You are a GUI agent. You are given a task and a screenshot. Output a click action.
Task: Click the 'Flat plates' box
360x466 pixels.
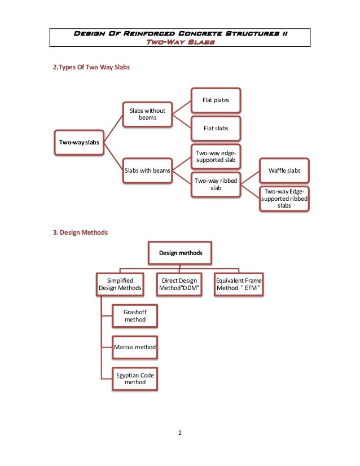(x=216, y=100)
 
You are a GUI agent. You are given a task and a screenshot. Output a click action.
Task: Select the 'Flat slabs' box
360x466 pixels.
(x=216, y=129)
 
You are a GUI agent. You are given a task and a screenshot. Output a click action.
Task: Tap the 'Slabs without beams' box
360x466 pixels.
(x=147, y=115)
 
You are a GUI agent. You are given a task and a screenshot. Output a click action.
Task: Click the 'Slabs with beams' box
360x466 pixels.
(x=147, y=170)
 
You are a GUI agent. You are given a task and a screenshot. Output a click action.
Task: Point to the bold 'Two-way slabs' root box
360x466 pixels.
(x=79, y=142)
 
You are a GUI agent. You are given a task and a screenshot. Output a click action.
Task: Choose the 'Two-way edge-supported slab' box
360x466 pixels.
(x=216, y=157)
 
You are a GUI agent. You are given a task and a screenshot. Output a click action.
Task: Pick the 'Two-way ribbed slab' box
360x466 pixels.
(x=216, y=184)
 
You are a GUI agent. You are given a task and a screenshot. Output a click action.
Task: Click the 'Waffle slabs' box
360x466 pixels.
(x=284, y=170)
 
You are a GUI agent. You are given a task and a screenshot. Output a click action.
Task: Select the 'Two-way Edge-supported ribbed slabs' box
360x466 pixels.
(x=284, y=199)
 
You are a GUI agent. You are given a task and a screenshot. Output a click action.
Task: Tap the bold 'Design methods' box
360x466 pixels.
(x=180, y=253)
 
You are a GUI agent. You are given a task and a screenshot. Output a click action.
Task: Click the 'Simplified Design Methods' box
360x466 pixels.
(x=120, y=284)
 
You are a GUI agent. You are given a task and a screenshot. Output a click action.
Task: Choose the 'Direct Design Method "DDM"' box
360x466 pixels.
(x=179, y=284)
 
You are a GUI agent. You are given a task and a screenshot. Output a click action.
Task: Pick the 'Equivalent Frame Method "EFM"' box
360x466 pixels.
(x=239, y=284)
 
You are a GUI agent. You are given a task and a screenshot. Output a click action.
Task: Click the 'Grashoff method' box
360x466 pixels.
(x=135, y=316)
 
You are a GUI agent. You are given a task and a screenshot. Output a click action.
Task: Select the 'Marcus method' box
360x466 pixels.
(x=135, y=348)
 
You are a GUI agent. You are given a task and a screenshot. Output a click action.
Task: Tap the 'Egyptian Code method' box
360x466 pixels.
(x=135, y=379)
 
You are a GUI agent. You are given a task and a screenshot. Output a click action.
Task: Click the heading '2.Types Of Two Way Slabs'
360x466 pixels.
(x=91, y=67)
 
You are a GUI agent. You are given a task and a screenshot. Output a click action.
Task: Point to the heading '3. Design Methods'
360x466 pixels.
(x=80, y=232)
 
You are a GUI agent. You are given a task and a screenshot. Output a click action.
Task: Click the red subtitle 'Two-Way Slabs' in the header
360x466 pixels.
(x=181, y=42)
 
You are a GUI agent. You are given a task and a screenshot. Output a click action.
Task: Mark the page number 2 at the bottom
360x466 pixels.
(x=180, y=433)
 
